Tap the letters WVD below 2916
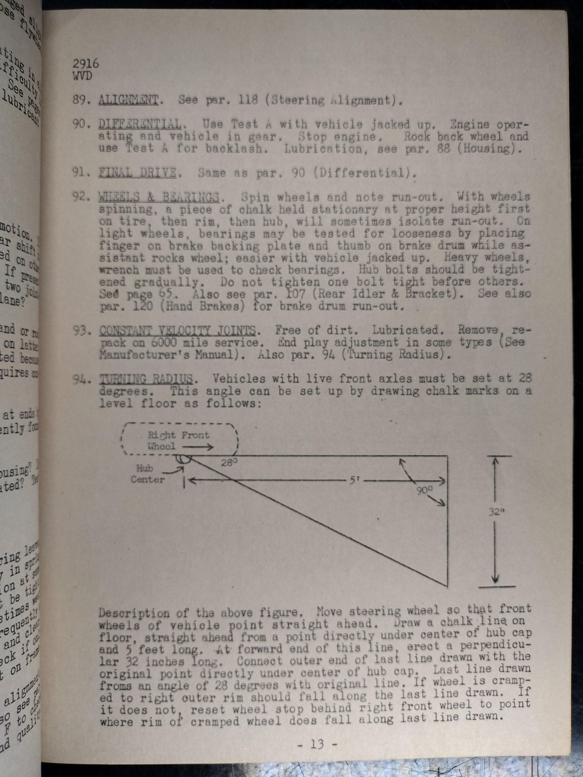pyautogui.click(x=82, y=76)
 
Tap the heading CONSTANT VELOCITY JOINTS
pyautogui.click(x=177, y=331)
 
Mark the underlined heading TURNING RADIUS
pyautogui.click(x=146, y=379)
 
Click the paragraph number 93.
pyautogui.click(x=83, y=331)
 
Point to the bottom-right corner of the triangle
pyautogui.click(x=447, y=585)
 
